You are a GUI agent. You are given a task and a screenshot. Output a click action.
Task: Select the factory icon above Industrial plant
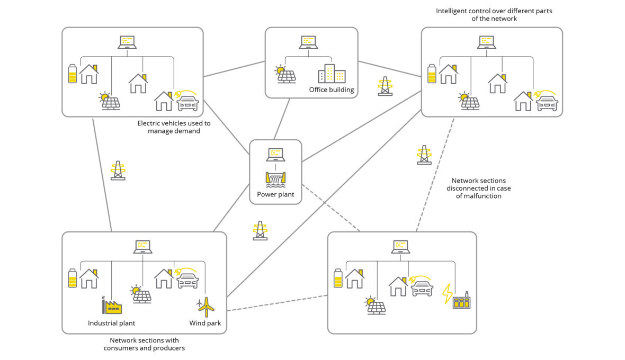(x=112, y=305)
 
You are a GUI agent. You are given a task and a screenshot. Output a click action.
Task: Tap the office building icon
(x=331, y=74)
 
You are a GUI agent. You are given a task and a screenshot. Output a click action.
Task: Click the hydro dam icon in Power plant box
(x=275, y=179)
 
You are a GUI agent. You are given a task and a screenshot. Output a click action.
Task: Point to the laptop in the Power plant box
(x=275, y=155)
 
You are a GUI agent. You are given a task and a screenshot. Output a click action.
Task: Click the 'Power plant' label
(x=275, y=194)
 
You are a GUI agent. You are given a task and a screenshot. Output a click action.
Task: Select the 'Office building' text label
(x=332, y=89)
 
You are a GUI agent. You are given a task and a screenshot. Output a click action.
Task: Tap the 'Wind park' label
(x=205, y=323)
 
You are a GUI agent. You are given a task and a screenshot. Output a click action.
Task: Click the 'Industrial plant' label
(x=111, y=323)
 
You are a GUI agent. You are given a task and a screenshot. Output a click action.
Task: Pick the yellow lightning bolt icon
(x=448, y=294)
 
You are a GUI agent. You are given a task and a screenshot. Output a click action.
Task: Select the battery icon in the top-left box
(x=73, y=74)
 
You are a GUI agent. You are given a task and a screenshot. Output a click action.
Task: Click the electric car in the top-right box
(x=547, y=102)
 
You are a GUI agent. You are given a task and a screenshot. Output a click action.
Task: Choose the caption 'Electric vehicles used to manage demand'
(x=174, y=127)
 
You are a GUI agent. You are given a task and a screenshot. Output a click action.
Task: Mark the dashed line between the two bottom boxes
(x=277, y=303)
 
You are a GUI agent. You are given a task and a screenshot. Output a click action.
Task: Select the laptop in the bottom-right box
(x=401, y=247)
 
